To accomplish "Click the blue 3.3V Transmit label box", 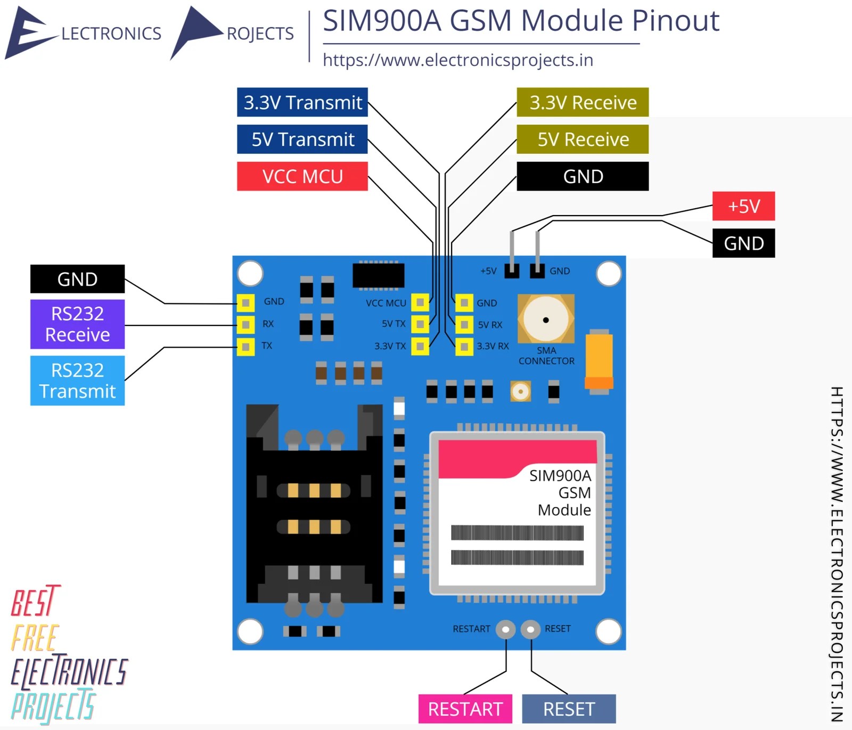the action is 302,102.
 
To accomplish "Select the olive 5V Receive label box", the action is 583,139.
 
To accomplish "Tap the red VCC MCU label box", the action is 302,176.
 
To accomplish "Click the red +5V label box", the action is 743,206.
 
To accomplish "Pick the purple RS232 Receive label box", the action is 77,324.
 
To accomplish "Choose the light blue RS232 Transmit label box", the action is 77,381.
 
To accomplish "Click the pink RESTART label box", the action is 465,709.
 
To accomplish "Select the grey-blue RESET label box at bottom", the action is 569,709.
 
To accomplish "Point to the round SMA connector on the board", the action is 546,319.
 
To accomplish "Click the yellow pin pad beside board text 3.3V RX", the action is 464,347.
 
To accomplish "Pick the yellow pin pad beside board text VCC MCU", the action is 420,302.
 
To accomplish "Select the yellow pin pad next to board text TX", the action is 245,347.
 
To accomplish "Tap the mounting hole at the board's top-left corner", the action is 250,274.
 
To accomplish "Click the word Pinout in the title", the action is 676,21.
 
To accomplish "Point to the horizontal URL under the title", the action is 458,60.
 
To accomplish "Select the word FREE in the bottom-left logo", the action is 35,638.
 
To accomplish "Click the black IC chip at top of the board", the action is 379,275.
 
